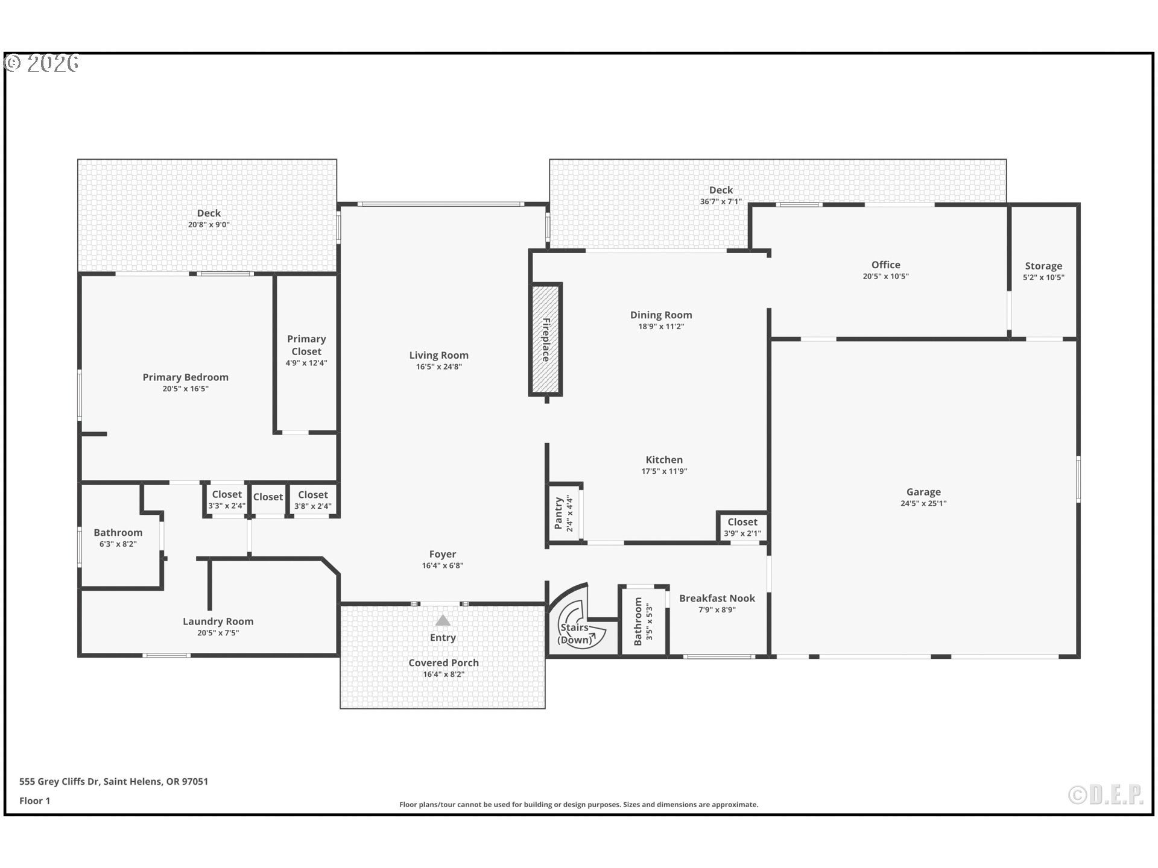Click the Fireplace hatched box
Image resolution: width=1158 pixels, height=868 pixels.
pyautogui.click(x=546, y=339)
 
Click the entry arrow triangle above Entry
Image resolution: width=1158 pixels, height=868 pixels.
pyautogui.click(x=443, y=620)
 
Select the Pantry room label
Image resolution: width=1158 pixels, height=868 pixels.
pyautogui.click(x=558, y=513)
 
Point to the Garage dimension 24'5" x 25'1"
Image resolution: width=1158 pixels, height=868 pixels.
pyautogui.click(x=923, y=503)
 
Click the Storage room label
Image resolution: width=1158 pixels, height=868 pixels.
pyautogui.click(x=1043, y=266)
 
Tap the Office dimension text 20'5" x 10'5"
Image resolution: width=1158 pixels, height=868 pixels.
pyautogui.click(x=885, y=276)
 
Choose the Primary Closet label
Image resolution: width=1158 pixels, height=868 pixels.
pyautogui.click(x=306, y=345)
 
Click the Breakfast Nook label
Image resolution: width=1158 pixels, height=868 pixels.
pyautogui.click(x=717, y=598)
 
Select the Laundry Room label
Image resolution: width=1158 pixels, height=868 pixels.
pyautogui.click(x=218, y=621)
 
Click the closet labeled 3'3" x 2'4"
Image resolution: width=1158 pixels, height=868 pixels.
pyautogui.click(x=227, y=500)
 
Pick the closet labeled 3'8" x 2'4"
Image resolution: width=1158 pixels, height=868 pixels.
pyautogui.click(x=312, y=500)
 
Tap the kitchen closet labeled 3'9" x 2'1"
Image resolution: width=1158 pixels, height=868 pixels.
pyautogui.click(x=742, y=527)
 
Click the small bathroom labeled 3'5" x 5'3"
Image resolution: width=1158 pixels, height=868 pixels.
pyautogui.click(x=643, y=621)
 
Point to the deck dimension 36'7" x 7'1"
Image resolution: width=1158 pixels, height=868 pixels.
pyautogui.click(x=721, y=201)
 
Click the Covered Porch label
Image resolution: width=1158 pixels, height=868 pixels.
pyautogui.click(x=443, y=662)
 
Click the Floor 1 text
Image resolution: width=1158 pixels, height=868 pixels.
pyautogui.click(x=34, y=800)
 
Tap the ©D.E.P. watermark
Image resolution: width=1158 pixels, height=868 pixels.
pyautogui.click(x=1106, y=795)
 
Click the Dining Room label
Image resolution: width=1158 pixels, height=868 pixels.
pyautogui.click(x=661, y=315)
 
